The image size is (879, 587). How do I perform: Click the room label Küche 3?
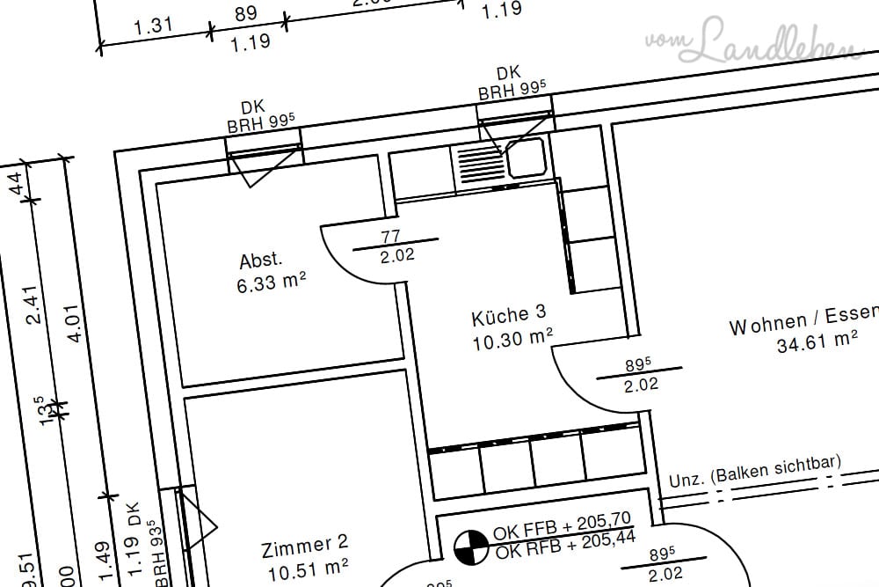click(508, 315)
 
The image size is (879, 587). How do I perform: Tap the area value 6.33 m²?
click(271, 282)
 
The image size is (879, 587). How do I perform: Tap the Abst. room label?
click(261, 261)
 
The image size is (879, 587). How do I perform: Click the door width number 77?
click(392, 236)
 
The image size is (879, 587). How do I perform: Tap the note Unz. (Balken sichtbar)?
click(754, 471)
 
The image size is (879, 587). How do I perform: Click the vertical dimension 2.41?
click(36, 305)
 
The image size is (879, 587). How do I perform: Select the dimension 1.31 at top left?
click(153, 26)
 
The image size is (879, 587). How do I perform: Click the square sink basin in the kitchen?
click(526, 158)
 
